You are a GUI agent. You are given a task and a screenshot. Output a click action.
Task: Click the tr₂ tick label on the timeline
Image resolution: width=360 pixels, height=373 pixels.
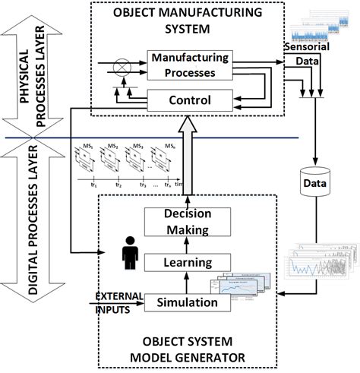[118, 185]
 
